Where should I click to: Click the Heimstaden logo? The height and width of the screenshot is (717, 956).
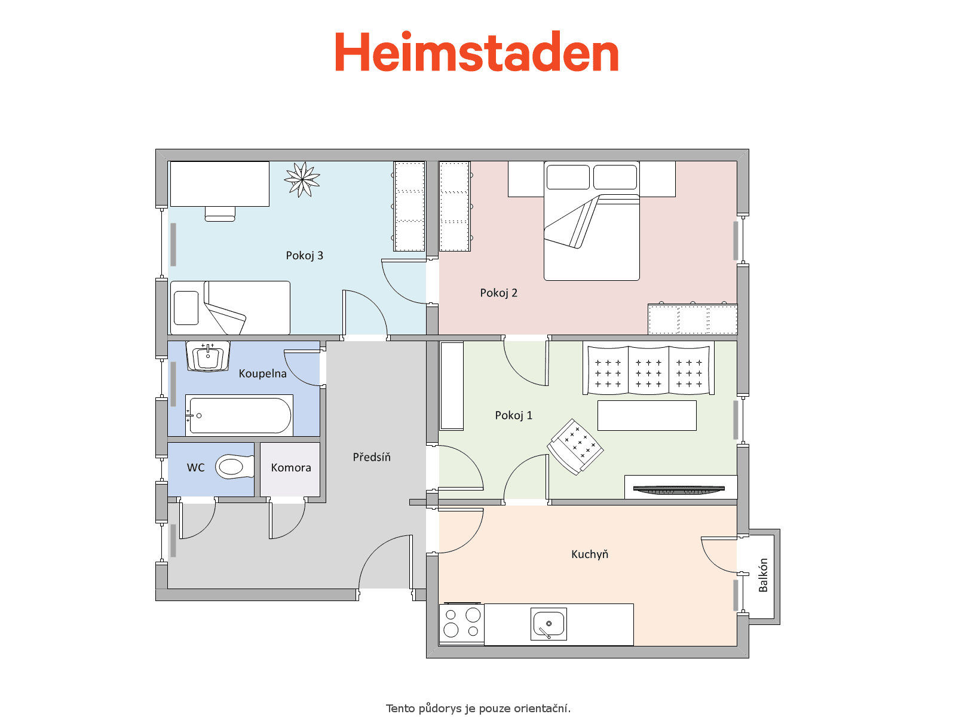(476, 51)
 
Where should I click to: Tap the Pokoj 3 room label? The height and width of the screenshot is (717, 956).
(305, 256)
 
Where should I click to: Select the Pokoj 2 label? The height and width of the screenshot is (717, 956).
(499, 293)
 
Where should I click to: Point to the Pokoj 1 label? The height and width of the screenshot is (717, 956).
(513, 415)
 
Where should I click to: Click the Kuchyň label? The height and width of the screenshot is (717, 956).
(590, 554)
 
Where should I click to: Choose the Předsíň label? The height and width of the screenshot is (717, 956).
(372, 456)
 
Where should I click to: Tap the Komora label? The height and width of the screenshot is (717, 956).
(291, 468)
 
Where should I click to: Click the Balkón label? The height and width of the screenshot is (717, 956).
(762, 575)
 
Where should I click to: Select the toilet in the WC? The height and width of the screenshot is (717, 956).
(235, 467)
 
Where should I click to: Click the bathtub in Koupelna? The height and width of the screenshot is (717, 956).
(239, 415)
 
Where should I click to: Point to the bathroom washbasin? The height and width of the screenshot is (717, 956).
(208, 356)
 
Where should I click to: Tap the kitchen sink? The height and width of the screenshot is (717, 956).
(549, 624)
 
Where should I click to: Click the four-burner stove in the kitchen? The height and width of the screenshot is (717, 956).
(462, 624)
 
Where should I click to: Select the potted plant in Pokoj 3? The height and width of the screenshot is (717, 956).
(302, 179)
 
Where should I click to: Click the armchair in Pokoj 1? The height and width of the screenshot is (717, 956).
(575, 447)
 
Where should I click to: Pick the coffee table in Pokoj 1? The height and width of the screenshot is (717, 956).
(646, 415)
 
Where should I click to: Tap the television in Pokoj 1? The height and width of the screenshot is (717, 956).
(679, 490)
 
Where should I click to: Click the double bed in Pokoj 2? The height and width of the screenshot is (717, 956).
(592, 220)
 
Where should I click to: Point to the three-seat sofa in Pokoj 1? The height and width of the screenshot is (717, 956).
(648, 370)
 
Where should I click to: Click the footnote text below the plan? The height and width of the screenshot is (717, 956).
(478, 708)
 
